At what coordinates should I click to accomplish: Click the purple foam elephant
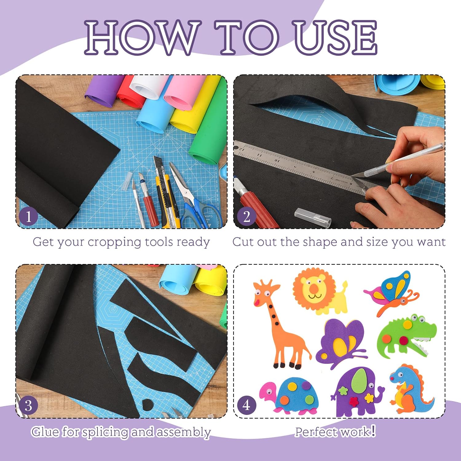pyautogui.click(x=357, y=392)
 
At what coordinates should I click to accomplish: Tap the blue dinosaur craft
pyautogui.click(x=410, y=389)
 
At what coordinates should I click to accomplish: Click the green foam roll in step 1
pyautogui.click(x=207, y=129)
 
